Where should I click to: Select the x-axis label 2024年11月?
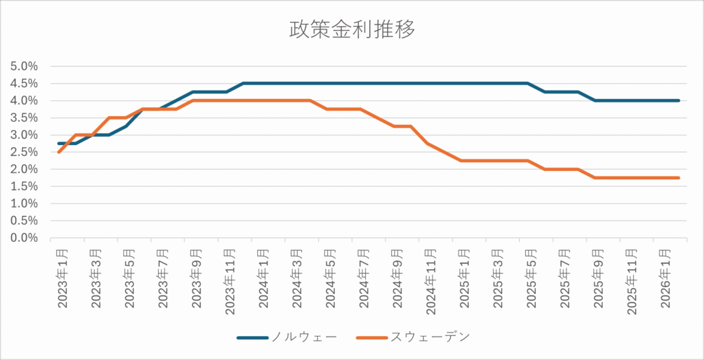click(431, 278)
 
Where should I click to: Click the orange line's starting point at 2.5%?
click(59, 152)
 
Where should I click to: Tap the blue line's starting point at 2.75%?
click(59, 144)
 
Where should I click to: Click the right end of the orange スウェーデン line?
click(679, 178)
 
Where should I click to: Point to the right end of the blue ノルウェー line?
click(679, 100)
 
